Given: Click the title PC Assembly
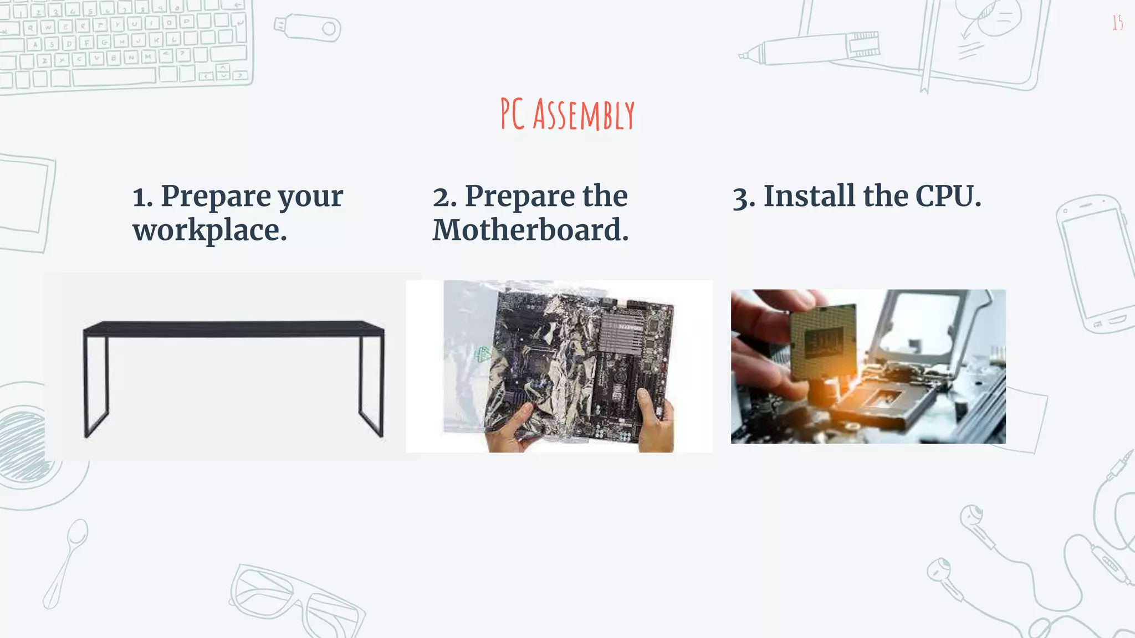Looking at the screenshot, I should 567,115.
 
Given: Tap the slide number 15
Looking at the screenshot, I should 1117,23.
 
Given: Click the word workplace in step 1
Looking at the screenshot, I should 209,230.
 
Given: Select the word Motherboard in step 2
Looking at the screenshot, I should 530,230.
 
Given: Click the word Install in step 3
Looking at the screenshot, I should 809,197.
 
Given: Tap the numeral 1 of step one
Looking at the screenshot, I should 141,198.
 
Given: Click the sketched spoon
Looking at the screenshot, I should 65,562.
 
